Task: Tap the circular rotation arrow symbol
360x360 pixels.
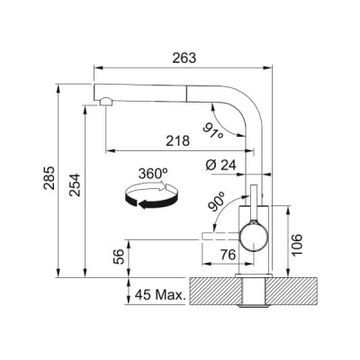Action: (149, 196)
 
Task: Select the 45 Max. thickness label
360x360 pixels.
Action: (157, 294)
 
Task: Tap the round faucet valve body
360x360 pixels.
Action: (254, 238)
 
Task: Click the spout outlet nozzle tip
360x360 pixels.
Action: (106, 101)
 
